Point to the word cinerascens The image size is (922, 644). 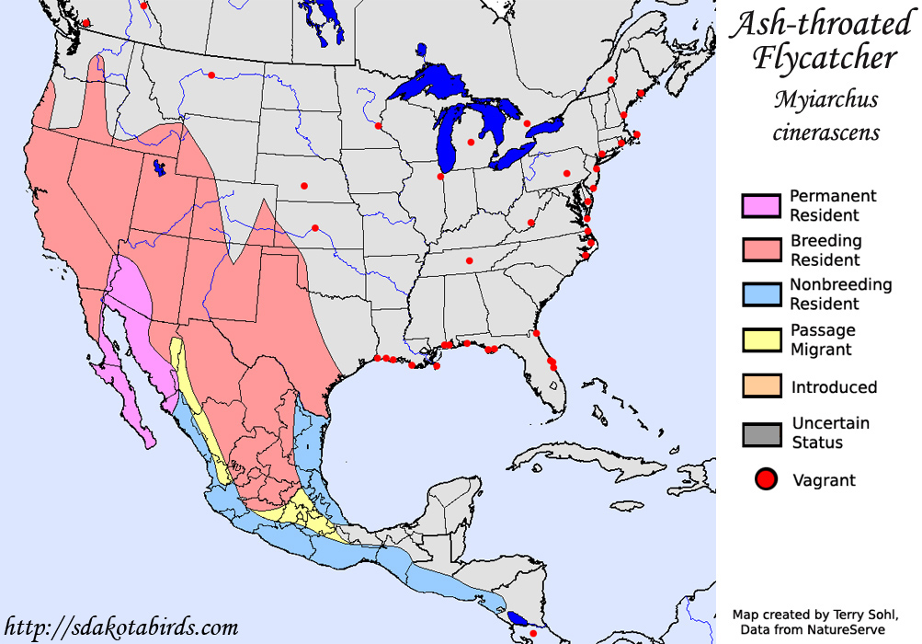(825, 132)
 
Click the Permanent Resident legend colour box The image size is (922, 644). (760, 205)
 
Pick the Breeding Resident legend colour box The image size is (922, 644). (760, 250)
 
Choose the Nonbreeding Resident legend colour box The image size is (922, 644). (760, 294)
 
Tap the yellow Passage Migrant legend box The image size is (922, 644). (760, 339)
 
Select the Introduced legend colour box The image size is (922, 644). (760, 386)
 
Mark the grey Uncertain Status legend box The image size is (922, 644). (760, 433)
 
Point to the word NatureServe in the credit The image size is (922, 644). (865, 628)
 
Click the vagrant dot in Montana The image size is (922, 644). (211, 75)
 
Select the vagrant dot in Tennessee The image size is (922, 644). (469, 261)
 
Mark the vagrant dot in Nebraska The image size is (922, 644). (303, 187)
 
